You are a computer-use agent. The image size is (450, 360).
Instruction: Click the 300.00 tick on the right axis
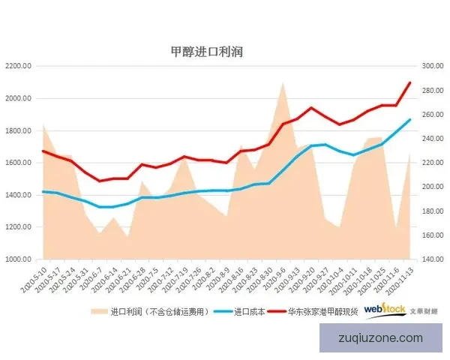(433, 66)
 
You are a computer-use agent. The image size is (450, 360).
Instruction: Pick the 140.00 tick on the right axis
(433, 259)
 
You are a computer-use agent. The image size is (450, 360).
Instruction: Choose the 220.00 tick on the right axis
(433, 163)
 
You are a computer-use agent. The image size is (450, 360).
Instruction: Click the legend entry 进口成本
(249, 310)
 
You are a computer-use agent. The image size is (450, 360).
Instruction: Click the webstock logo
(385, 309)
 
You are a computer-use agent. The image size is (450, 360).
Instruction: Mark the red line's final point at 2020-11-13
(410, 82)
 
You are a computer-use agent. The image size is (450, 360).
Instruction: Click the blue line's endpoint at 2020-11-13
(410, 119)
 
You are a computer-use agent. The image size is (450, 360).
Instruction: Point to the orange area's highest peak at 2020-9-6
(283, 82)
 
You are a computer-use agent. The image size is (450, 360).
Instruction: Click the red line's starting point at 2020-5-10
(43, 151)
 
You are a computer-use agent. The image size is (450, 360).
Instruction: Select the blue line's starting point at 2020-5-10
(43, 191)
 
